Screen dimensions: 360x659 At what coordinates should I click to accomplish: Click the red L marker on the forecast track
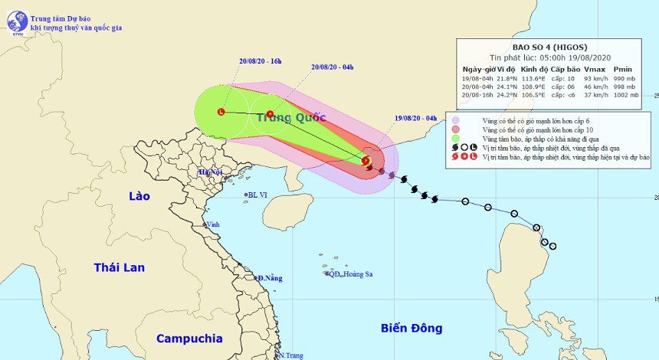[x=221, y=113]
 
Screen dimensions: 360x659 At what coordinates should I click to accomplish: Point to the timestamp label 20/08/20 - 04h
[x=331, y=67]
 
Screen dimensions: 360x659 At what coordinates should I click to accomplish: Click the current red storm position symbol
[x=366, y=161]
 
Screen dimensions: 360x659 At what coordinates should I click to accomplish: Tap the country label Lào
[x=139, y=196]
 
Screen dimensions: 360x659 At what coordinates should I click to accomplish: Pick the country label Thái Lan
[x=119, y=267]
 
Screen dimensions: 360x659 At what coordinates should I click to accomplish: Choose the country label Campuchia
[x=189, y=338]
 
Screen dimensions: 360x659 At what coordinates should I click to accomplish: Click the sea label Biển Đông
[x=411, y=328]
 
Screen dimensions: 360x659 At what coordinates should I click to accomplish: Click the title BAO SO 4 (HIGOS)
[x=552, y=47]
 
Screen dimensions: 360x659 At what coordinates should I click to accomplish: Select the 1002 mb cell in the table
[x=625, y=95]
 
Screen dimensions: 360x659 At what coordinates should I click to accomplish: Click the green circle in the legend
[x=456, y=139]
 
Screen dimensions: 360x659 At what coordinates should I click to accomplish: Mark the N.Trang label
[x=292, y=355]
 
